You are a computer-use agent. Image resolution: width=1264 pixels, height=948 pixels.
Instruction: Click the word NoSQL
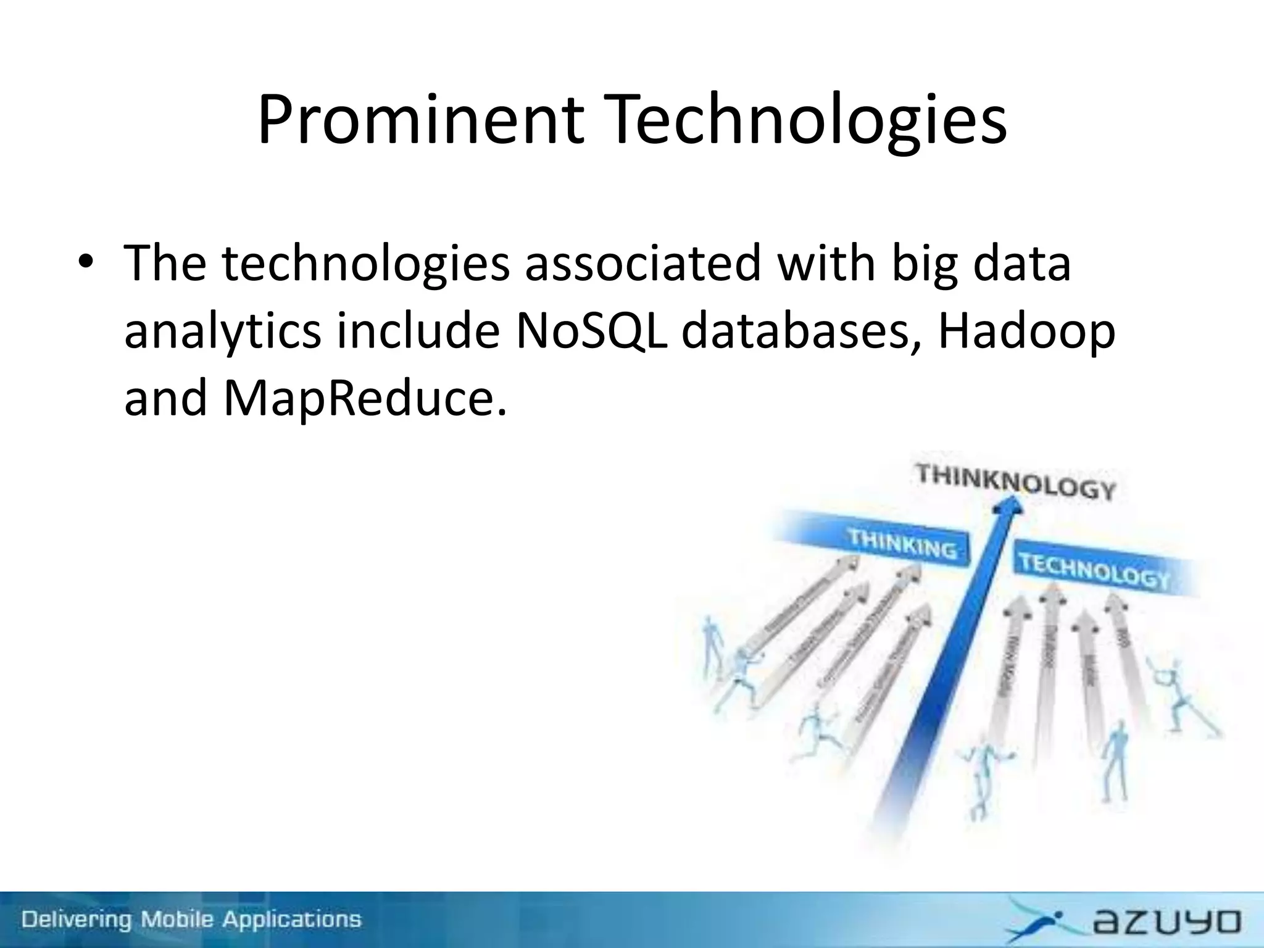(591, 330)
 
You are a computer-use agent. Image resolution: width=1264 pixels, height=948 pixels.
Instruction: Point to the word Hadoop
(1026, 330)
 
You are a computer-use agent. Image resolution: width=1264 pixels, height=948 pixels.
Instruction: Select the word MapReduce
(364, 398)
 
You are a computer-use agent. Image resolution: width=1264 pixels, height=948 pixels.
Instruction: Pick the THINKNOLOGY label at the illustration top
(1015, 482)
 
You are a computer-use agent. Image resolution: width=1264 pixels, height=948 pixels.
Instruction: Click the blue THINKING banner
(902, 543)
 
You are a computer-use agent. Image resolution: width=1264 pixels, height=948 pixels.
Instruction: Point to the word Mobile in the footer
(177, 919)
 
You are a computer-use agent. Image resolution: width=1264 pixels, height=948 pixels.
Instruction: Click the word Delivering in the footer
(77, 919)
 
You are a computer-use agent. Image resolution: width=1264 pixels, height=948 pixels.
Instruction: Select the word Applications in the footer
(292, 919)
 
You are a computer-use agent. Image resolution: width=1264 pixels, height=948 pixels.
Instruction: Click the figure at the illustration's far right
(1182, 697)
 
